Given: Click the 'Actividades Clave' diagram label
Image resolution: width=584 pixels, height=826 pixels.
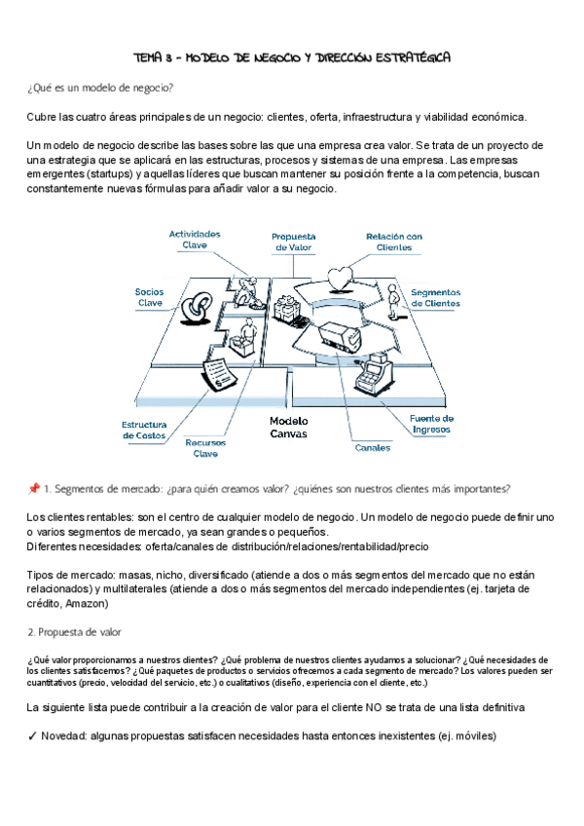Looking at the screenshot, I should click(x=195, y=240).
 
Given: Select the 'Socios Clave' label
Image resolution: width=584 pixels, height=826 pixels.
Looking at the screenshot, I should click(x=150, y=296).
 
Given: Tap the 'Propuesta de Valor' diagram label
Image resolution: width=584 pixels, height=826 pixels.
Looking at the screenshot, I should click(x=293, y=242).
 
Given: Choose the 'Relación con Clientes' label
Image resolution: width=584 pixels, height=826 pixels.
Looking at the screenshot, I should click(x=393, y=242).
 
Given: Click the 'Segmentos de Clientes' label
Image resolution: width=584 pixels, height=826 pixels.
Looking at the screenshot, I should click(x=435, y=297).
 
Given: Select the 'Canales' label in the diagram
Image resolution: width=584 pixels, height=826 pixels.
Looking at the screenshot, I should click(x=372, y=448).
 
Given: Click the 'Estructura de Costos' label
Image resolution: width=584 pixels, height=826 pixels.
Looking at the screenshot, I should click(x=144, y=430).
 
